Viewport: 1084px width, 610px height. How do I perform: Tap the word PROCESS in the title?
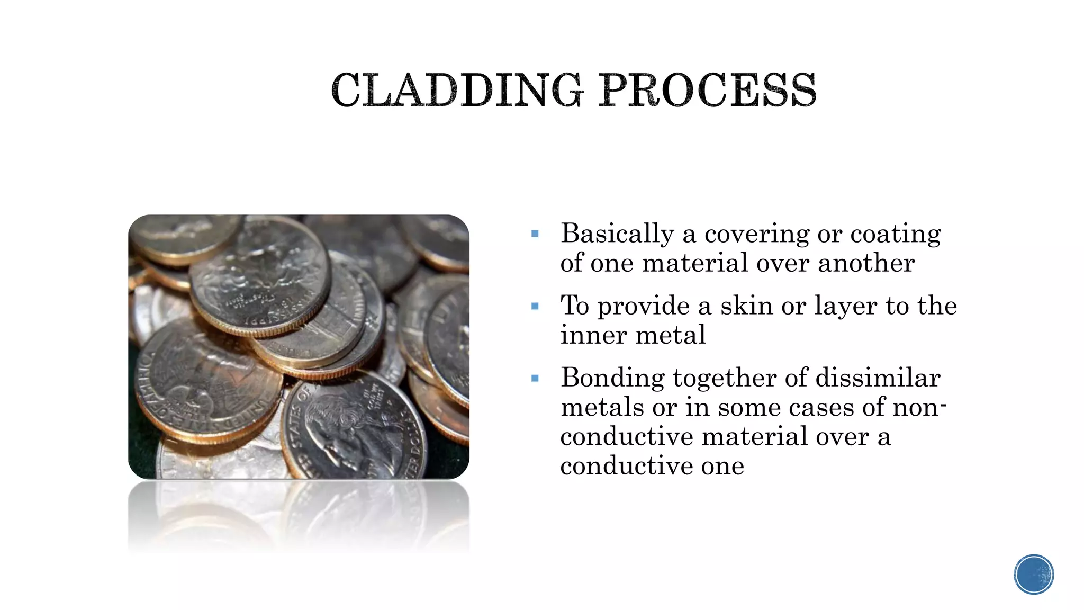coord(708,90)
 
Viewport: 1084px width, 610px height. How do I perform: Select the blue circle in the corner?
coord(1034,575)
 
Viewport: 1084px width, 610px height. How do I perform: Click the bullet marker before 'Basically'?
coord(535,234)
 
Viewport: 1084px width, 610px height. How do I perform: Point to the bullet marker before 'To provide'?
coord(535,306)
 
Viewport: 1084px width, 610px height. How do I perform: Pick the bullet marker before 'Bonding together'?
coord(535,378)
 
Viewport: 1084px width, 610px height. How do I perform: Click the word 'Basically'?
coord(617,234)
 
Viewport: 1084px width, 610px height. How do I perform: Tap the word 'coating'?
coord(895,234)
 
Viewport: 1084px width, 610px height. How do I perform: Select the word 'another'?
coord(866,263)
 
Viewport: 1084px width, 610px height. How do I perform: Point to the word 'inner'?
coord(593,335)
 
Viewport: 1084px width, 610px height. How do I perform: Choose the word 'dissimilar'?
coord(878,378)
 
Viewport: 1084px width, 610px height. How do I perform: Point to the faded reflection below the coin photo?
coord(299,516)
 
